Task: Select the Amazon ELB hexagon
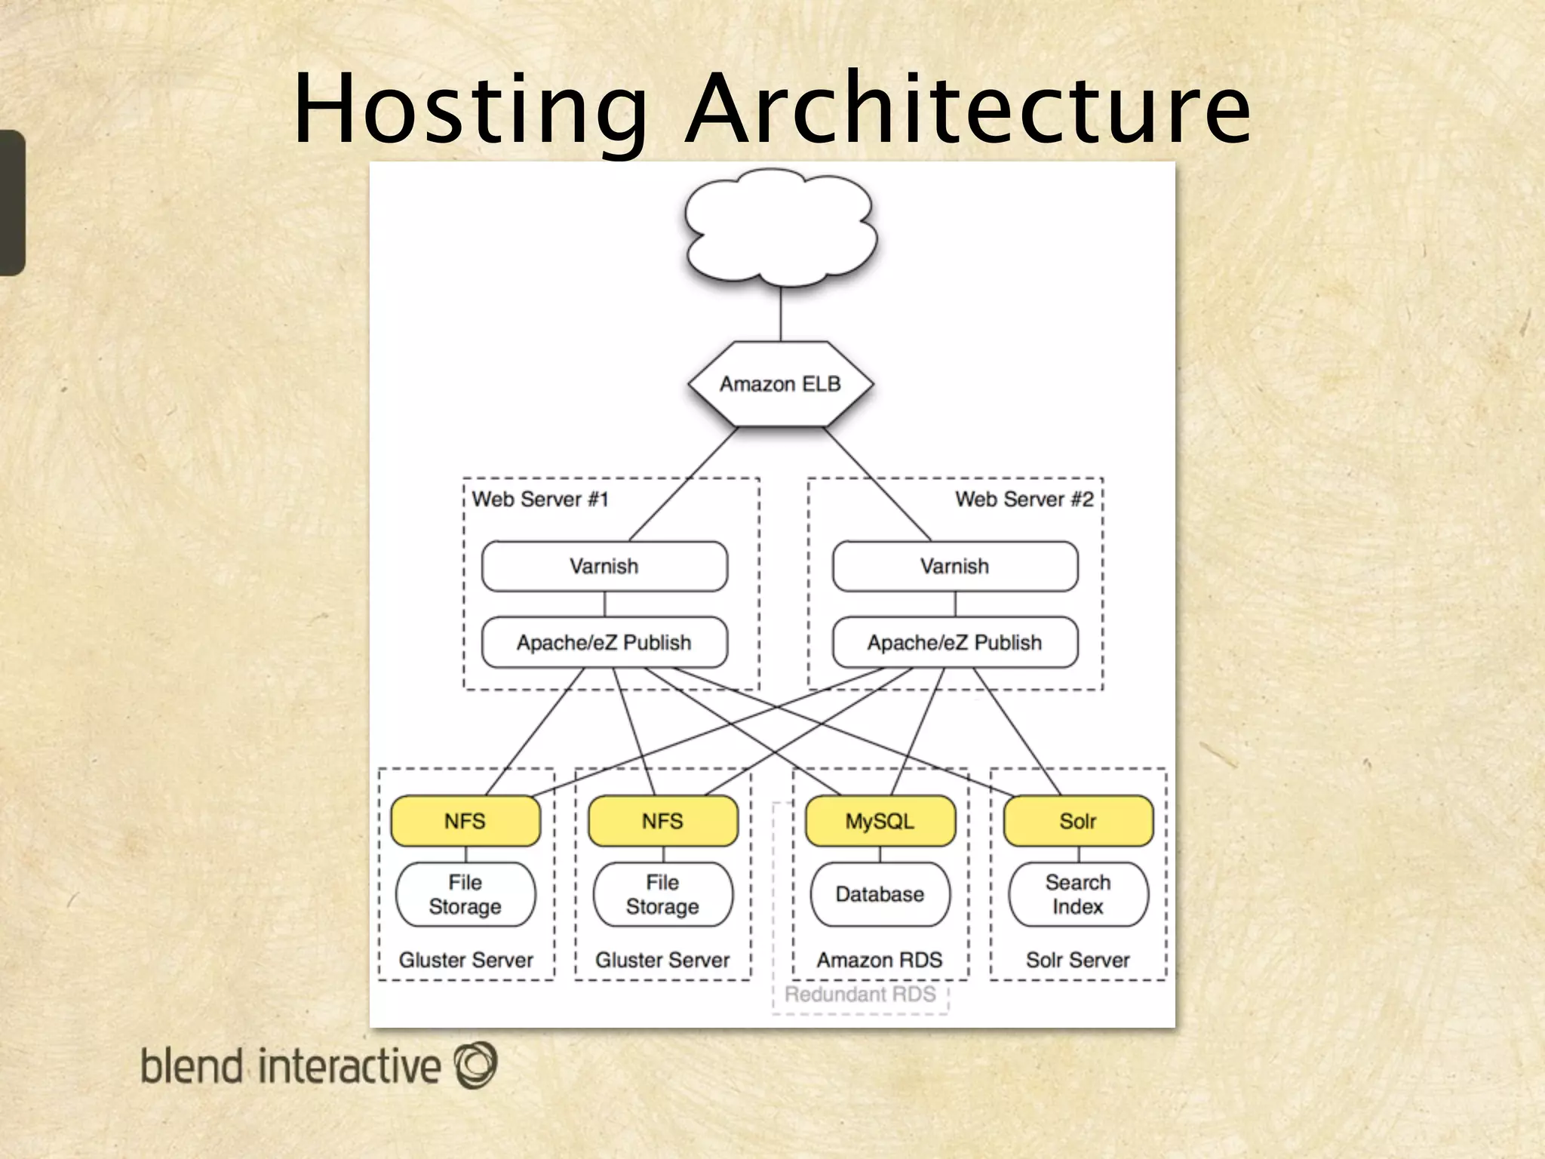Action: point(780,384)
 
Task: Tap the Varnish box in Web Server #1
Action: point(604,566)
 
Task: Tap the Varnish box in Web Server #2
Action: point(955,566)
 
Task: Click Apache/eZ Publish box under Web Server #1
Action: point(604,642)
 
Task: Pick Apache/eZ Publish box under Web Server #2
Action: point(955,642)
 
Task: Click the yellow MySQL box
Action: point(880,821)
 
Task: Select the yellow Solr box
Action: point(1078,821)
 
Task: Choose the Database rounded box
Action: point(880,894)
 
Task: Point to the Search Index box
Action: point(1078,894)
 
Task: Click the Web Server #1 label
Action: point(540,500)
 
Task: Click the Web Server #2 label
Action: point(1024,500)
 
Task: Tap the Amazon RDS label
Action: point(880,960)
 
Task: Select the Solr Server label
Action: point(1078,960)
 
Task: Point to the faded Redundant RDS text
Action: point(860,994)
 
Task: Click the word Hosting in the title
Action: point(469,109)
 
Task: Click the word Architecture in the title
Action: point(968,109)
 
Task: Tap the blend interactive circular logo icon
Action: point(475,1065)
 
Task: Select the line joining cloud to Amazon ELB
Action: point(781,313)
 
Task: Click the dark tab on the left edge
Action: point(12,202)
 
